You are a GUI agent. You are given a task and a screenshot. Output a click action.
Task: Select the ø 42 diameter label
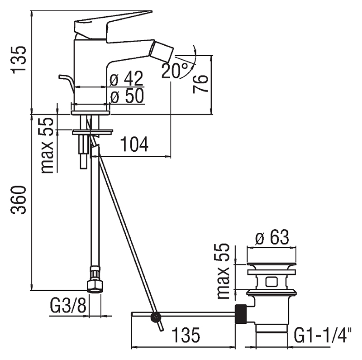click(x=126, y=78)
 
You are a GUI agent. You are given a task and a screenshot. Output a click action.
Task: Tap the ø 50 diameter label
click(x=127, y=96)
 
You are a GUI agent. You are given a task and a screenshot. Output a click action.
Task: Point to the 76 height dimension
click(x=200, y=84)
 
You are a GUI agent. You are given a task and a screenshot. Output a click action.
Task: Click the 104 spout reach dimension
click(x=134, y=144)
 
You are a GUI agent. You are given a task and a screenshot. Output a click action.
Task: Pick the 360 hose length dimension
click(x=19, y=200)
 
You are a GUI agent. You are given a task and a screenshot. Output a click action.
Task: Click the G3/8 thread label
click(x=68, y=305)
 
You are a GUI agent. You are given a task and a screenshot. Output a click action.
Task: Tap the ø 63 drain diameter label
click(x=272, y=237)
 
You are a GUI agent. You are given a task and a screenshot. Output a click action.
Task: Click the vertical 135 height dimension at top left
click(x=19, y=60)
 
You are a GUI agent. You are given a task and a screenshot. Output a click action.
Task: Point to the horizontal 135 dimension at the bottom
click(x=186, y=335)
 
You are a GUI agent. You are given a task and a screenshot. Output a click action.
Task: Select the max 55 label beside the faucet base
click(x=47, y=145)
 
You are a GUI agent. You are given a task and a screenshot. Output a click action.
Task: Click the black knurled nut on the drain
click(x=241, y=314)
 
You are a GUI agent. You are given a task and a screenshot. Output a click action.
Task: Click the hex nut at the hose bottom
click(x=95, y=287)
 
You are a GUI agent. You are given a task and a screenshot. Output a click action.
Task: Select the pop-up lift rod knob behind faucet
click(x=67, y=82)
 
